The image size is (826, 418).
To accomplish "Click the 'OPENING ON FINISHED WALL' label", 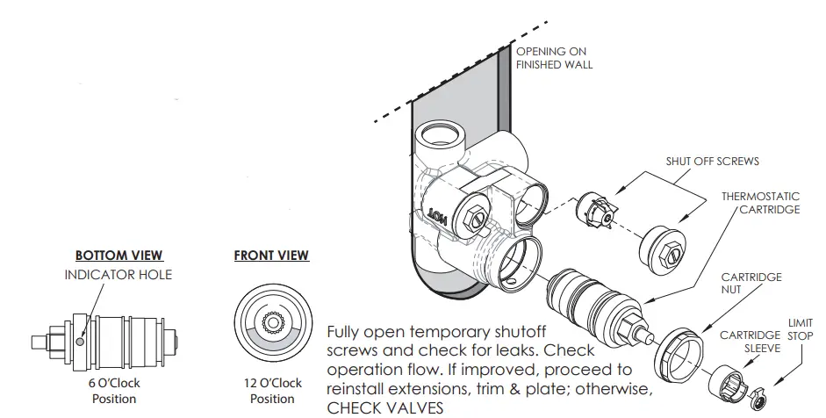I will (554, 58).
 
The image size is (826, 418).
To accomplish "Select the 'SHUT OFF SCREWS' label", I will (714, 162).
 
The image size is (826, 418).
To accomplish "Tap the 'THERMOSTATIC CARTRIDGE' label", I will (760, 203).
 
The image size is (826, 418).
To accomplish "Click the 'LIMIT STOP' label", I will (800, 329).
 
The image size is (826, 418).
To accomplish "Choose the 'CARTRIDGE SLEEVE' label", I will (750, 342).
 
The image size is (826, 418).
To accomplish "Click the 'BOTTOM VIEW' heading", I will (119, 256).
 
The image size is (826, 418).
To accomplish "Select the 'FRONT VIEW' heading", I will (271, 256).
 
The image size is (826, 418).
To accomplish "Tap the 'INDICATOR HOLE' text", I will (119, 275).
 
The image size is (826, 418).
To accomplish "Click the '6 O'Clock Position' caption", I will (115, 391).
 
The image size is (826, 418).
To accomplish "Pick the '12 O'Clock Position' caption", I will (272, 391).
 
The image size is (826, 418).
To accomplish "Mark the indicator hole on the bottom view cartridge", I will (81, 342).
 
